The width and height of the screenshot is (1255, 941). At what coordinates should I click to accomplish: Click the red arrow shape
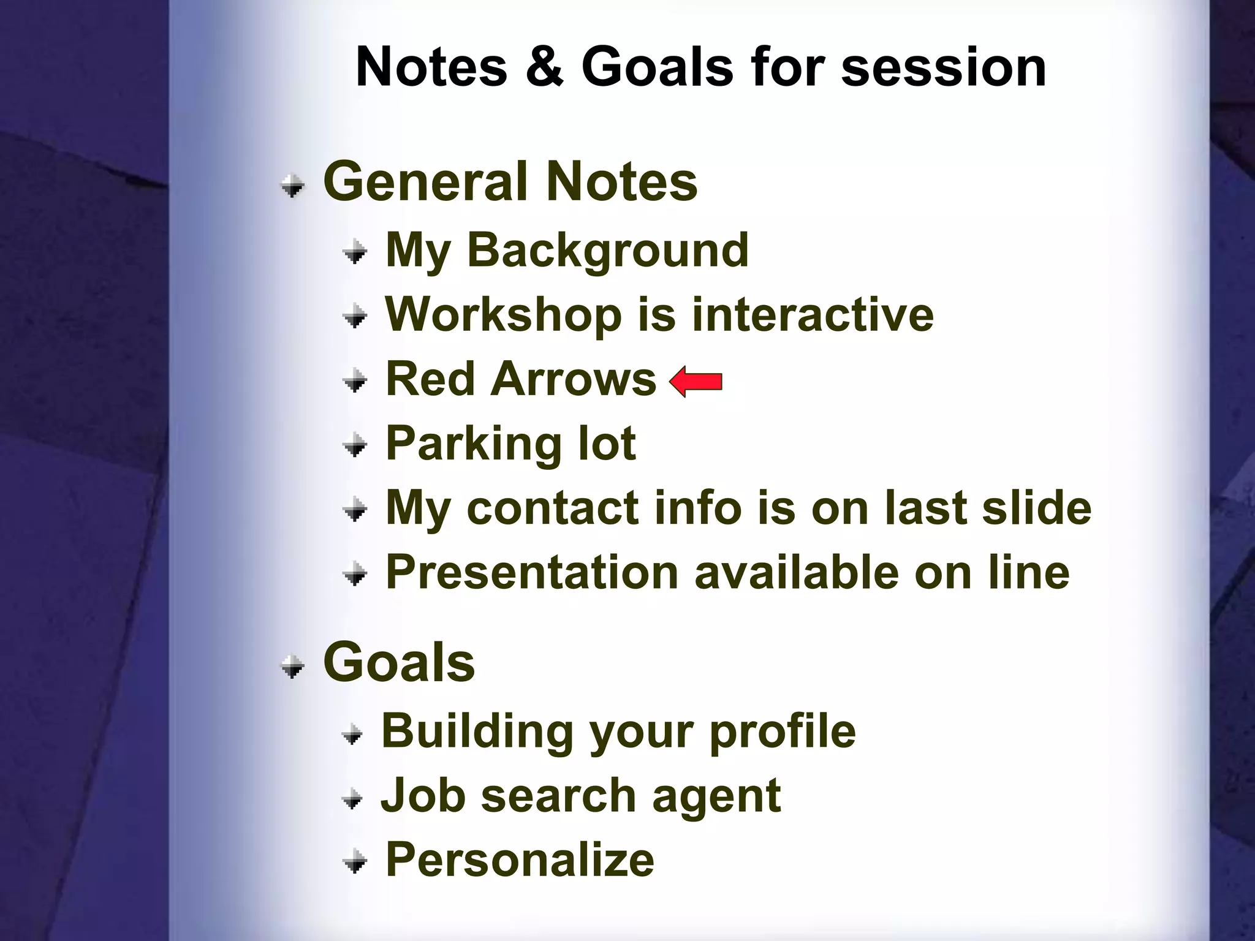point(696,382)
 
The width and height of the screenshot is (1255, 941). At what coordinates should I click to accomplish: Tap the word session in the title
point(943,67)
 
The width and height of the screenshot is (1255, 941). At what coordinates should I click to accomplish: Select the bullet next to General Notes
point(293,186)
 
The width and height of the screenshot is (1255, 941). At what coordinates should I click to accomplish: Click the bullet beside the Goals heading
point(293,667)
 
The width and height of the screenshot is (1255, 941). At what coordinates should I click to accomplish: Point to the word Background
point(607,251)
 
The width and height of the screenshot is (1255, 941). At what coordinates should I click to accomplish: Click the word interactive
point(813,314)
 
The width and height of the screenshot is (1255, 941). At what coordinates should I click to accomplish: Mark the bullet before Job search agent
point(352,799)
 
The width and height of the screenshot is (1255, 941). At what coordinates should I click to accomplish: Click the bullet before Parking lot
point(355,445)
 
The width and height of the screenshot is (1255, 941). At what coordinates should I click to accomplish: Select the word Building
point(477,732)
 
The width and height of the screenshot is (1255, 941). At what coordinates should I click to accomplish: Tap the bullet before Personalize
point(355,863)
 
